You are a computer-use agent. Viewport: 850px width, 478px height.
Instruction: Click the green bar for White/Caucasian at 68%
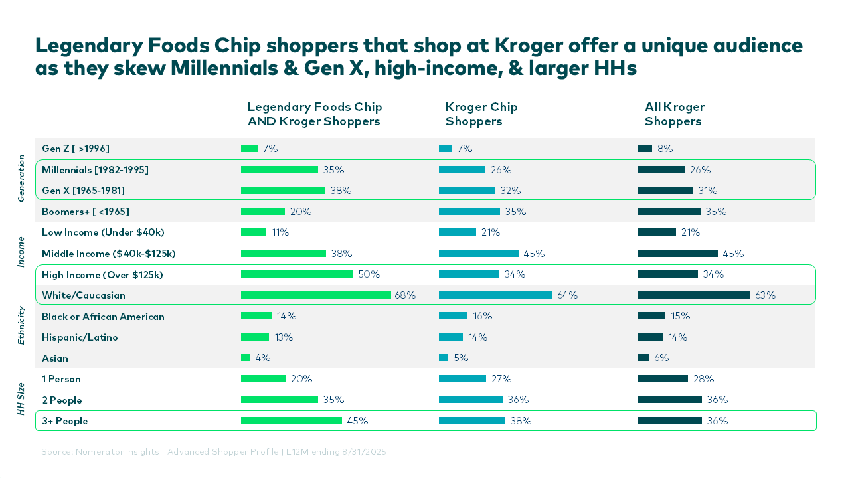pyautogui.click(x=315, y=295)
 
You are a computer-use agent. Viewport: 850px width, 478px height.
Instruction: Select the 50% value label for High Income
pyautogui.click(x=369, y=274)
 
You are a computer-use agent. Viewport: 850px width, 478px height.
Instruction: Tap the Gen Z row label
pyautogui.click(x=75, y=149)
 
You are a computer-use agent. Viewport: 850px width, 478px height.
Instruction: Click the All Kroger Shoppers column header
pyautogui.click(x=674, y=114)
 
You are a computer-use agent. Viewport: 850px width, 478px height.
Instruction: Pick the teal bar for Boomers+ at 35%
pyautogui.click(x=469, y=212)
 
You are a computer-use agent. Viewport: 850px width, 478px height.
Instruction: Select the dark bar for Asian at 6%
pyautogui.click(x=643, y=358)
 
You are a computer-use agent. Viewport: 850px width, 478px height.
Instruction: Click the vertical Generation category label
pyautogui.click(x=21, y=178)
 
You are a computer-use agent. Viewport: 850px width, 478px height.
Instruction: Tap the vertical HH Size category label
pyautogui.click(x=21, y=399)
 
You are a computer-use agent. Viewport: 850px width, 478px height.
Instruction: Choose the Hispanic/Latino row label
pyautogui.click(x=80, y=337)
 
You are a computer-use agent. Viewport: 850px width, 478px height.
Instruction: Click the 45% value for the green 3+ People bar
pyautogui.click(x=357, y=421)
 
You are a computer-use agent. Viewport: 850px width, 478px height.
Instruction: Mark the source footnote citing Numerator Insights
pyautogui.click(x=213, y=452)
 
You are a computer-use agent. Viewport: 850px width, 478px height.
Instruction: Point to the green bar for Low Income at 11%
pyautogui.click(x=253, y=232)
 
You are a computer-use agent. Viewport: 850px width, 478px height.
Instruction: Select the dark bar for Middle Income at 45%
pyautogui.click(x=677, y=254)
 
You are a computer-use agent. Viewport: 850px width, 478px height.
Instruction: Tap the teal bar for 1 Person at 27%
pyautogui.click(x=462, y=379)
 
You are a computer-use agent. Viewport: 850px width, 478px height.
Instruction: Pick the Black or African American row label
pyautogui.click(x=103, y=317)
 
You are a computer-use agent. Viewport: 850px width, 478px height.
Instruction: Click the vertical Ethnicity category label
pyautogui.click(x=21, y=325)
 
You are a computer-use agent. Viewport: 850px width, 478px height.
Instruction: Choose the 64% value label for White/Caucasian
pyautogui.click(x=567, y=295)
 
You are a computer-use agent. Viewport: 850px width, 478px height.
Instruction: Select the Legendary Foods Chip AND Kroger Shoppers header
pyautogui.click(x=314, y=114)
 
